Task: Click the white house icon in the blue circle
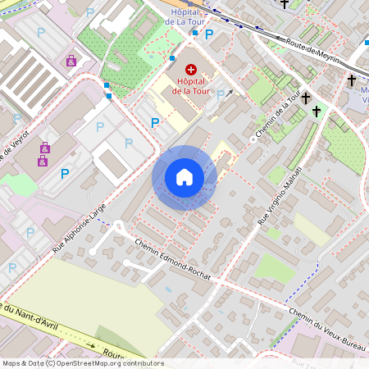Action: [x=184, y=176]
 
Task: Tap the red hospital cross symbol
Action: [x=191, y=71]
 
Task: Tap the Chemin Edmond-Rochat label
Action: [x=173, y=260]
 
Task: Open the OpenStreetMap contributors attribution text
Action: [x=82, y=363]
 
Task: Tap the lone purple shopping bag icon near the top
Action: [x=71, y=61]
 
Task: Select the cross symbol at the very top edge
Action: [x=285, y=4]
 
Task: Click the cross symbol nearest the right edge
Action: [x=352, y=80]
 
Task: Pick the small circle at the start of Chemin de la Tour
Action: [x=253, y=139]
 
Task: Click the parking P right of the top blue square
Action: [x=209, y=34]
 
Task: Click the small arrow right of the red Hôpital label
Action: [x=230, y=93]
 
